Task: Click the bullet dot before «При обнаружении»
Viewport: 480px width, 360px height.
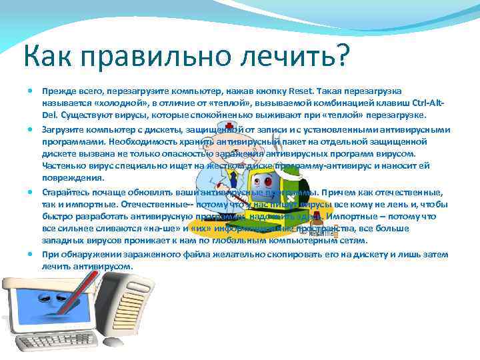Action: [32, 254]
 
